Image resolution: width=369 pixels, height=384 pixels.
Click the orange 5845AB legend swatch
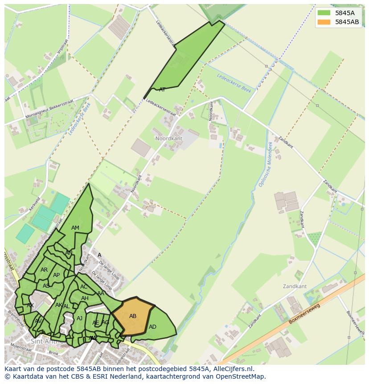[x=324, y=22]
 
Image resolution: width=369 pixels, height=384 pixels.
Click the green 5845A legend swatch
[x=324, y=13]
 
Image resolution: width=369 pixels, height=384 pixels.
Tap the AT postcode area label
[x=162, y=90]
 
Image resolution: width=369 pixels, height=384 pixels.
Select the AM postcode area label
[x=75, y=228]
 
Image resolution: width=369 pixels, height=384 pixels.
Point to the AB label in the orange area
[x=133, y=316]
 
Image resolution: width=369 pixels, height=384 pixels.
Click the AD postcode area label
[x=152, y=327]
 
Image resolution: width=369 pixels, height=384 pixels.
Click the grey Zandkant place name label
[x=295, y=286]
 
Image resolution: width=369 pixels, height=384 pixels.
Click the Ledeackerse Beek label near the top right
[x=234, y=83]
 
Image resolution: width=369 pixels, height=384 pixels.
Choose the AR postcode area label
[x=44, y=270]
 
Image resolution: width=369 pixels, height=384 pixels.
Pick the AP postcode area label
[x=56, y=275]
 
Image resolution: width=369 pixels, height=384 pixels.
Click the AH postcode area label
[x=85, y=298]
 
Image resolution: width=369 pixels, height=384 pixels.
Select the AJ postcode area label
[x=80, y=318]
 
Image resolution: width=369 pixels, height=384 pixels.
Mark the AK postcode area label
[x=58, y=305]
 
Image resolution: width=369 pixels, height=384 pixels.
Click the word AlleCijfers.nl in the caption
[x=232, y=369]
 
